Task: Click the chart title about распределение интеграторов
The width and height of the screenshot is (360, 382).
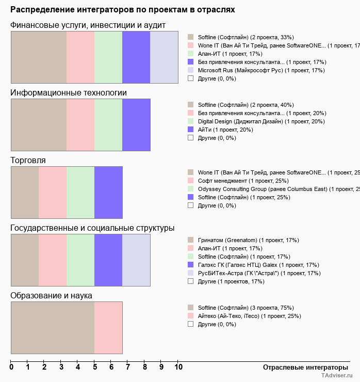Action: coord(123,10)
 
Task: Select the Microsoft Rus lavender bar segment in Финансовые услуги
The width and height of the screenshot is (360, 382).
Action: coord(164,57)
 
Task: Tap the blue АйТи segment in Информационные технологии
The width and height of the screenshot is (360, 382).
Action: coord(136,125)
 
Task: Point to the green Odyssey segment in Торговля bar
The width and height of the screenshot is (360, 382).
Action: coord(80,193)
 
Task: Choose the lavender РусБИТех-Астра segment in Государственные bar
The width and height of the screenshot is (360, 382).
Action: coord(136,260)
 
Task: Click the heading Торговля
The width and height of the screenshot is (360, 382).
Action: coord(28,161)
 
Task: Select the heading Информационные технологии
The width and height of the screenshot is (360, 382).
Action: coord(69,93)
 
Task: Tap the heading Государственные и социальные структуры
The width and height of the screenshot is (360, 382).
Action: coord(92,228)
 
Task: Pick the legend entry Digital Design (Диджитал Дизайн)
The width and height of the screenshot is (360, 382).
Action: coord(261,121)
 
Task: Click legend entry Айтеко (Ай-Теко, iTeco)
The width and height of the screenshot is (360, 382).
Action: coord(249,316)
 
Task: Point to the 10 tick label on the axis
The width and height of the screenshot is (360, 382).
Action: coord(178,368)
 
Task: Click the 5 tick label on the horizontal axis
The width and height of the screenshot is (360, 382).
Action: coord(94,368)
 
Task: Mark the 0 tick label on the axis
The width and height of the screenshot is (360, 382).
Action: coord(11,368)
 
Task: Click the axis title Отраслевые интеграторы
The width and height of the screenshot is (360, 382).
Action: coord(302,367)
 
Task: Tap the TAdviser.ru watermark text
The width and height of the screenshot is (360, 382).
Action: coord(337,376)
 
